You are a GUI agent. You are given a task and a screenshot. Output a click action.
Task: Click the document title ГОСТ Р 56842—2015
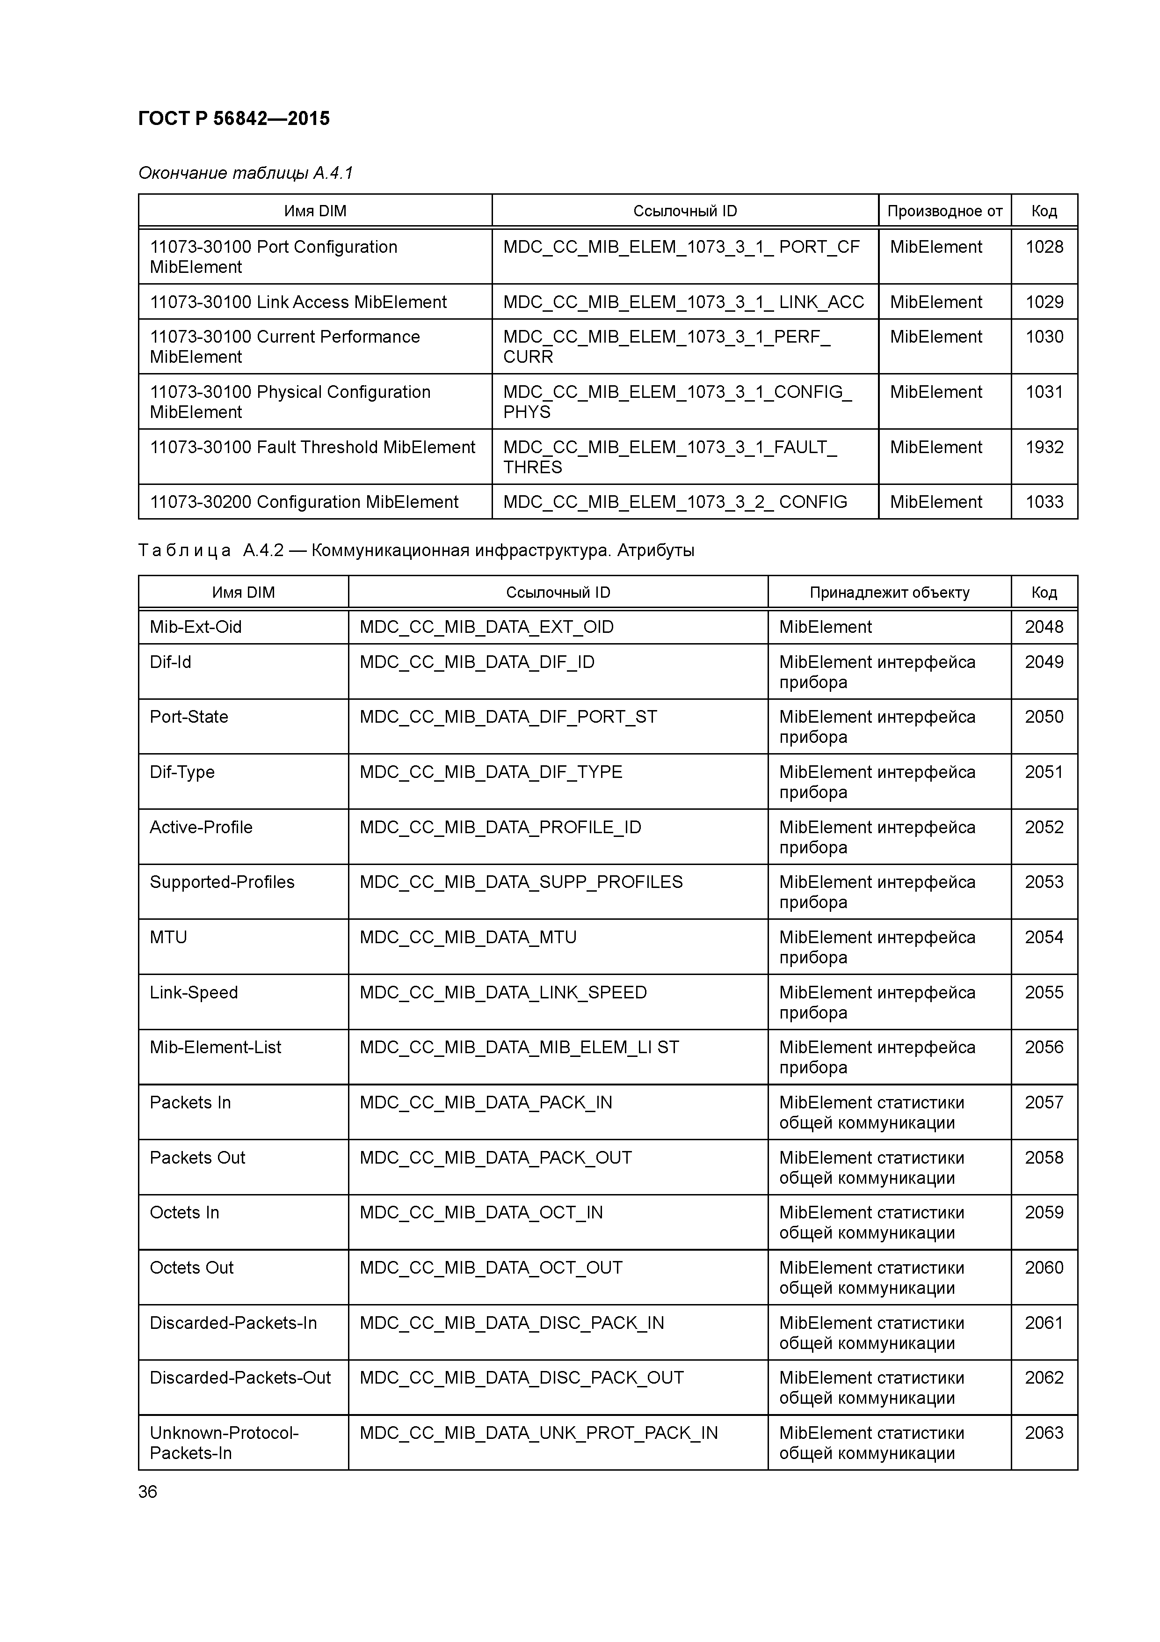click(234, 119)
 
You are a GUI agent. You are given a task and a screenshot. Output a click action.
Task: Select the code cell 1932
click(1044, 447)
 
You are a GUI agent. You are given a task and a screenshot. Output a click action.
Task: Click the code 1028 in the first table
click(1044, 248)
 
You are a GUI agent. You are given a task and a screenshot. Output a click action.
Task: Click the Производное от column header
click(944, 211)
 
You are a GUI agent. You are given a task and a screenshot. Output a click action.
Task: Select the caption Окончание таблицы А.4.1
click(245, 173)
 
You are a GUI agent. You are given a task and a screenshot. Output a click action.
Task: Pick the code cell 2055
click(1044, 993)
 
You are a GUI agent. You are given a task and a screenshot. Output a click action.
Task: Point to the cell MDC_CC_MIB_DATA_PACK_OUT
click(495, 1158)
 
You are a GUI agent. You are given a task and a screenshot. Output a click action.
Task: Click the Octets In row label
click(184, 1213)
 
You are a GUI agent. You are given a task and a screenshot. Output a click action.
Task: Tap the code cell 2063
click(1044, 1433)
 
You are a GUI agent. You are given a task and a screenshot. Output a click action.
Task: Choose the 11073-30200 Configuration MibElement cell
click(304, 502)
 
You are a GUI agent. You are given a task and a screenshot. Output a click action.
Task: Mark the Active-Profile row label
click(201, 828)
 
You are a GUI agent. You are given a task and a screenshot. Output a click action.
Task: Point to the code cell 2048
click(1044, 627)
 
